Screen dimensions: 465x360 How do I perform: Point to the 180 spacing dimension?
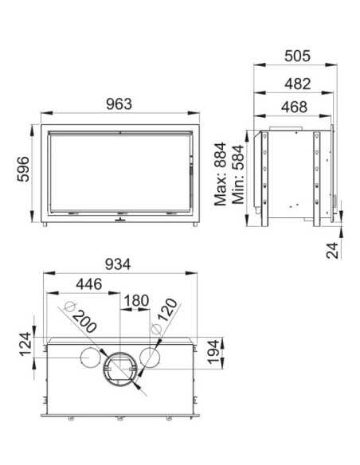136,301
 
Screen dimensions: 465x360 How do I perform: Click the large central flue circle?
120,368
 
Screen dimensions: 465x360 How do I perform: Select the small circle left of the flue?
89,359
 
